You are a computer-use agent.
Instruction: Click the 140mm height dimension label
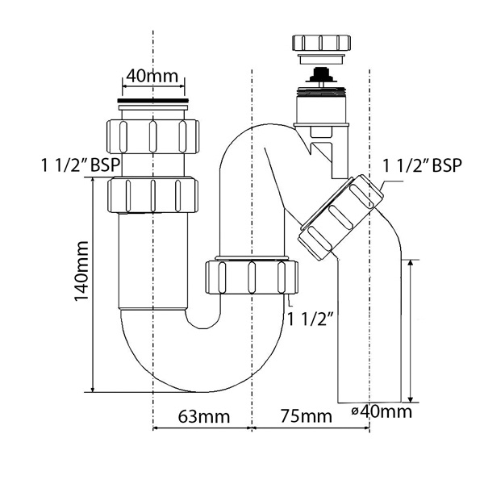[x=81, y=271]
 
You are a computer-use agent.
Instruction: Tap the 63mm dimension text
[x=204, y=416]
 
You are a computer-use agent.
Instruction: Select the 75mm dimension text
[x=307, y=416]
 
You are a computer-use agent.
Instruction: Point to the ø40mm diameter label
[x=382, y=411]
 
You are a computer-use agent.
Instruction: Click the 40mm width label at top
[x=152, y=76]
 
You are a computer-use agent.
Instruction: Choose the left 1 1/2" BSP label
[x=81, y=165]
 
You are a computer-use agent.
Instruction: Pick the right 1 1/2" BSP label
[x=422, y=165]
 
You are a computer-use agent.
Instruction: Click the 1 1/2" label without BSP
[x=311, y=319]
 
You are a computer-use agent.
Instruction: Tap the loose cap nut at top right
[x=321, y=43]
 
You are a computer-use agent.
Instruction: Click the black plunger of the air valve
[x=321, y=75]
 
